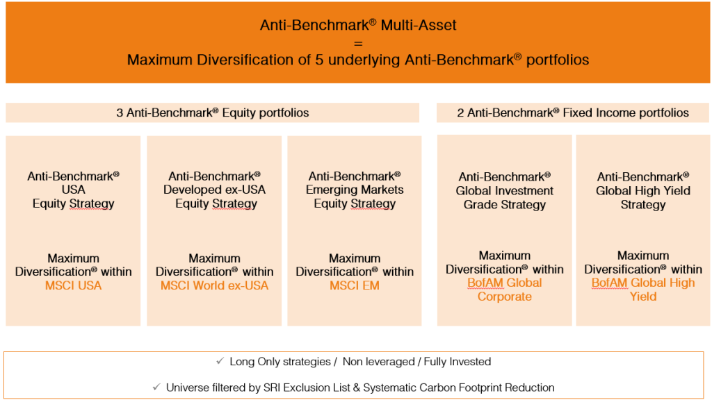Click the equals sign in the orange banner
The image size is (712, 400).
[358, 44]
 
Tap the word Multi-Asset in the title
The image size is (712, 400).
[418, 25]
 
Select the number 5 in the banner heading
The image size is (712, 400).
[319, 60]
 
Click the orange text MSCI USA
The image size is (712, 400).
[73, 285]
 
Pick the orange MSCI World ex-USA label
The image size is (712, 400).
[214, 285]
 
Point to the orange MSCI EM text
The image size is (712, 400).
[354, 285]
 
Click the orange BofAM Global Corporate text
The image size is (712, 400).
[505, 290]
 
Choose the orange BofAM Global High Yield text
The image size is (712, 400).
[643, 290]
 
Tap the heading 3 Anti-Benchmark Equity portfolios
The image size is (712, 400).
[213, 112]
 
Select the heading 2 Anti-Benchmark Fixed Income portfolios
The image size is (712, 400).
[573, 112]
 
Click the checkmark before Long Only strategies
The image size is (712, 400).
[220, 361]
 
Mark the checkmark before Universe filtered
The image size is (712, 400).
[156, 387]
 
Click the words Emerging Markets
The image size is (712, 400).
[355, 190]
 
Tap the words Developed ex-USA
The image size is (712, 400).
[214, 190]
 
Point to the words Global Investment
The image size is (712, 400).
[505, 191]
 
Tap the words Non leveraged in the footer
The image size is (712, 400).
[379, 361]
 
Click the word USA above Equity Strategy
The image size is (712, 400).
[73, 190]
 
